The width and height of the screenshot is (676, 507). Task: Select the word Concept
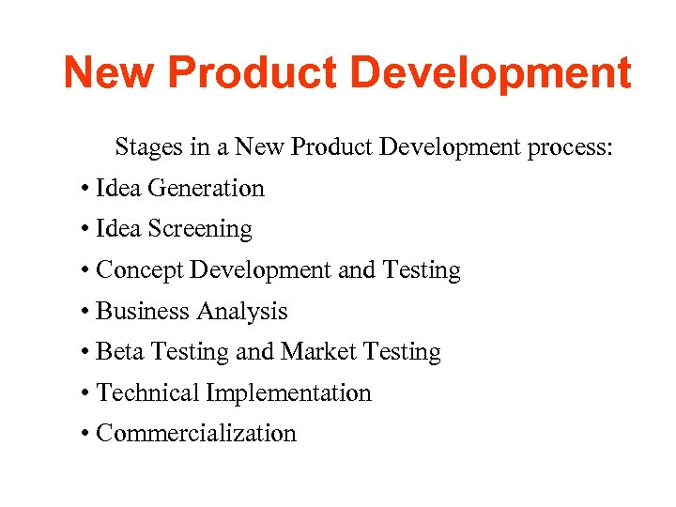pos(140,270)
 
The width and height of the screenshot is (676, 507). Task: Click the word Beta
pos(120,352)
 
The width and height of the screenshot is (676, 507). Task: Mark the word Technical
pos(148,392)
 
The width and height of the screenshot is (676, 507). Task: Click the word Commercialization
pos(196,434)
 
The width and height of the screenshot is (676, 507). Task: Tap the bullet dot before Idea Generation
pos(85,189)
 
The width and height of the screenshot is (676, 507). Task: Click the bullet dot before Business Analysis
pos(85,312)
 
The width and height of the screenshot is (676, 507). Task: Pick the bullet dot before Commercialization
pos(85,434)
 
